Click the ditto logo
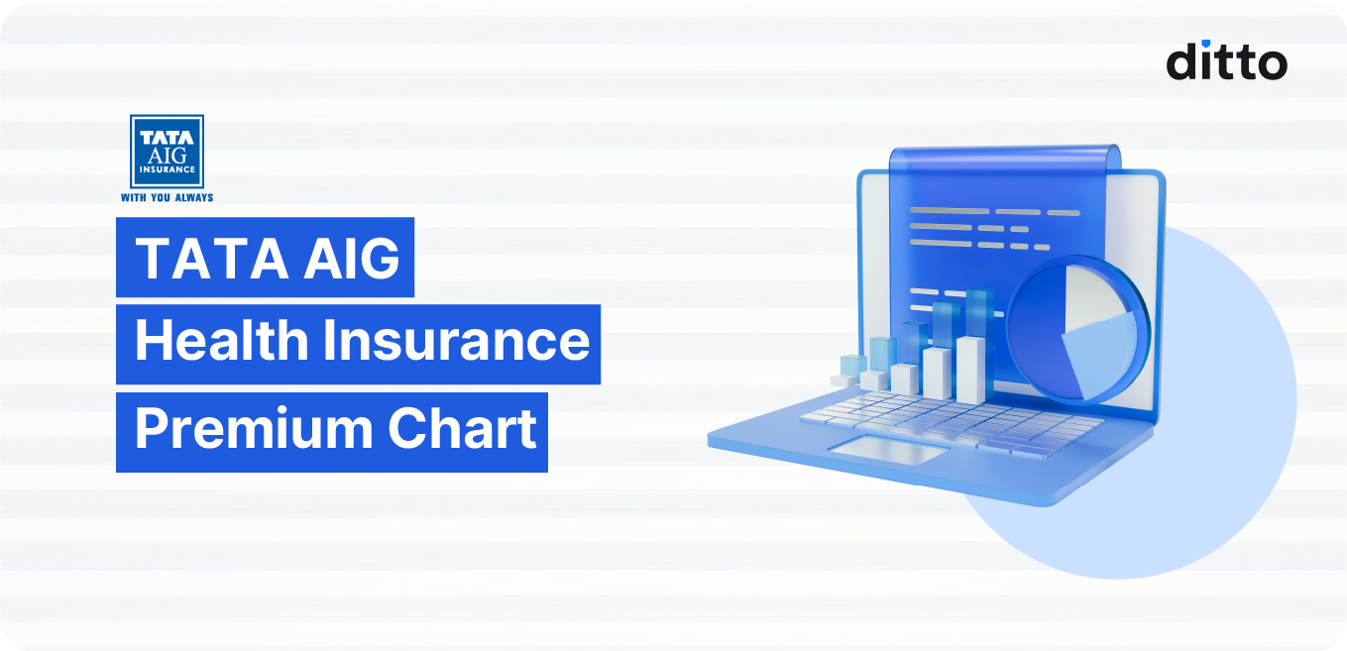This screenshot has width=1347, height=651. (1226, 60)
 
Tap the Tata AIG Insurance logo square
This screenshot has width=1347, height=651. (167, 152)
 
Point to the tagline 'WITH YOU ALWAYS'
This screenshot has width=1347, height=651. (167, 197)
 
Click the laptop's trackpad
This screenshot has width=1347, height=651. (887, 452)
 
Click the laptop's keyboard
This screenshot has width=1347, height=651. (952, 416)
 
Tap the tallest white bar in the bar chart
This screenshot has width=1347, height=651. (970, 370)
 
